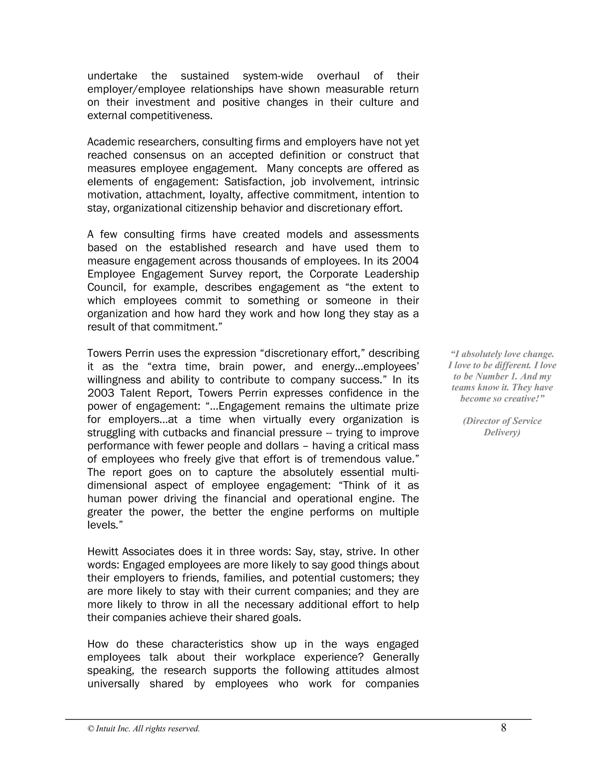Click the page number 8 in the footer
(504, 728)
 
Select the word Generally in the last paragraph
(396, 657)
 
